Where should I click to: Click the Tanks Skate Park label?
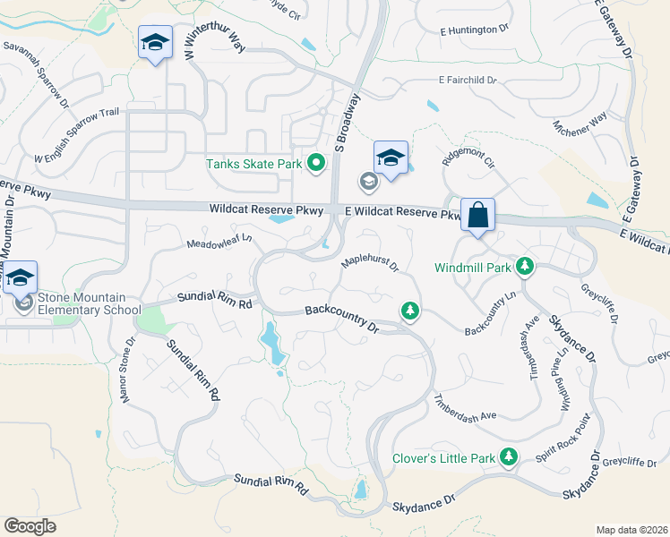pos(253,164)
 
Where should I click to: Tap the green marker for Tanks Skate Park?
pos(315,163)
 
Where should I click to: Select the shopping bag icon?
pos(477,216)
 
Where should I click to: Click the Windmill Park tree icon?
pos(526,267)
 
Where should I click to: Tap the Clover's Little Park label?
pos(443,458)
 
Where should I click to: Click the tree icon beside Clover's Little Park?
pos(509,458)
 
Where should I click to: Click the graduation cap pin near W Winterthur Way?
pos(156,43)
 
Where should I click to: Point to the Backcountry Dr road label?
pos(342,320)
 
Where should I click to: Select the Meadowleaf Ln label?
pos(219,243)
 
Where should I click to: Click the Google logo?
pos(30,525)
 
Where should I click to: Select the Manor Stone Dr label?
pos(127,368)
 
